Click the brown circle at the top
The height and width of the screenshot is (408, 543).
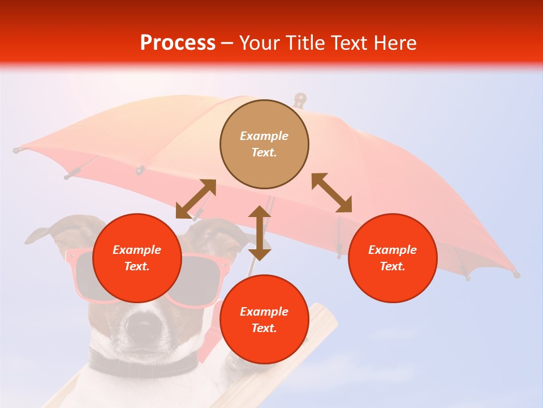264,144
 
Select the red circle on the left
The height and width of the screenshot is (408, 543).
137,258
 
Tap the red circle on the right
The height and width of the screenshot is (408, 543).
393,258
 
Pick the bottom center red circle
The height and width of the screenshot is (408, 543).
264,320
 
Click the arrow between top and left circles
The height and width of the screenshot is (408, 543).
196,199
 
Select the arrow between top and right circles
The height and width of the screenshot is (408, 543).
332,193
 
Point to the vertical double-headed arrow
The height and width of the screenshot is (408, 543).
260,233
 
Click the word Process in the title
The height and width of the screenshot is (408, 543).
178,43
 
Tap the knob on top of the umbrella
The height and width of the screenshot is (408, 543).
300,100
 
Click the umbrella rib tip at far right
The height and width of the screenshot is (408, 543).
516,274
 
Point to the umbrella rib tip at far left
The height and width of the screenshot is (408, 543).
16,151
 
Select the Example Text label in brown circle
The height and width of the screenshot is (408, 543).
264,144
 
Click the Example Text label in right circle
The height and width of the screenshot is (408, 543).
393,258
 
